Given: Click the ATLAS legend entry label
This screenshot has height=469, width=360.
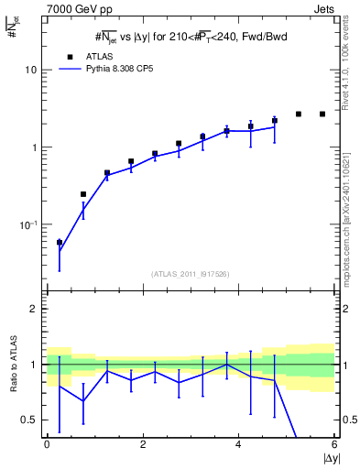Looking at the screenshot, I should [x=103, y=55].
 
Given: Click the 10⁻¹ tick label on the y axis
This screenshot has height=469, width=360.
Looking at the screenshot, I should [x=30, y=224].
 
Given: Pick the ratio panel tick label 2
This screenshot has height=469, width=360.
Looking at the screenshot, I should [x=36, y=309].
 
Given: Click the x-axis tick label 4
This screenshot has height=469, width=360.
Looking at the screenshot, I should [x=238, y=444].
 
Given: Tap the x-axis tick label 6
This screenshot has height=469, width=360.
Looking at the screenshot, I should [x=334, y=444].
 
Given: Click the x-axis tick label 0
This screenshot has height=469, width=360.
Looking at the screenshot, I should [x=47, y=444].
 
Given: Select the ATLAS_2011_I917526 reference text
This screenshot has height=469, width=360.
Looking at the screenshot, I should [x=191, y=274].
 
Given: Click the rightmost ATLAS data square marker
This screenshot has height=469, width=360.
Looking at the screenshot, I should [x=322, y=114].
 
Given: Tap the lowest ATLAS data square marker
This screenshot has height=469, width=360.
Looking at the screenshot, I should [x=60, y=243].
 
